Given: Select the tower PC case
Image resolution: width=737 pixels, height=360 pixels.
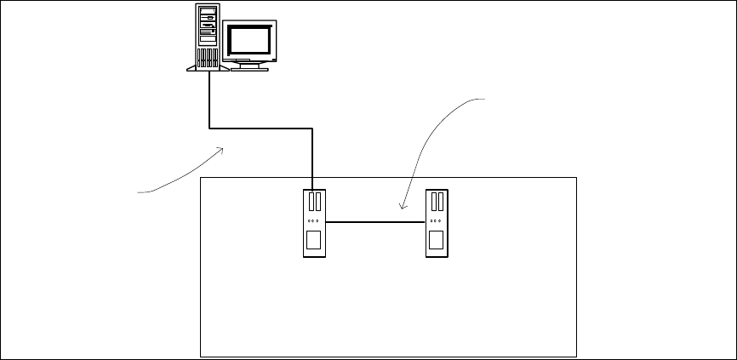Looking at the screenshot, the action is pos(207,37).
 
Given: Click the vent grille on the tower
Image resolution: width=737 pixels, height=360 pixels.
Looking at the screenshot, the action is pos(207,59).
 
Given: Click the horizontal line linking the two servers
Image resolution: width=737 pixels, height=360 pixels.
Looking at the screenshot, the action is pos(374,222).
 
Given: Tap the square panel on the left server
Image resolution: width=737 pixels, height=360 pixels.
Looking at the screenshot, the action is pos(314,240).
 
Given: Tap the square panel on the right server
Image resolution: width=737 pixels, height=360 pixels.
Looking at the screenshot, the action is pos(437,240).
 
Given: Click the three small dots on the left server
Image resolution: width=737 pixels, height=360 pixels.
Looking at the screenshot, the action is pos(314,220).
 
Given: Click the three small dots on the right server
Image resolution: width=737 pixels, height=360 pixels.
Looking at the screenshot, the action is pos(437,220).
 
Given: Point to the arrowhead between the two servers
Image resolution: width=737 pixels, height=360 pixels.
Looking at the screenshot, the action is pos(400,207).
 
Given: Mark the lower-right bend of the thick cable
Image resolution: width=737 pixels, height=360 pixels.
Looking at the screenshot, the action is pos(314,130).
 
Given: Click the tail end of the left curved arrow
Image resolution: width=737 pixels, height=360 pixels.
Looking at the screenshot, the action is pos(140,193).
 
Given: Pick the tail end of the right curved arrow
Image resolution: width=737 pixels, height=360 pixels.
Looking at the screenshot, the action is pos(486,100).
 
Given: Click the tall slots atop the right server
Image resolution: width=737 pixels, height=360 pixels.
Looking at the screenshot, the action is pos(437,202).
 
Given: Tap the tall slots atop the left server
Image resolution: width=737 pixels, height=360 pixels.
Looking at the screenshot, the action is pos(314,202).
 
